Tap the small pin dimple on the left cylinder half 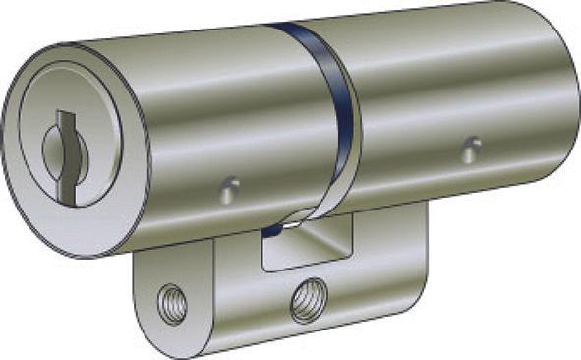coord(229,188)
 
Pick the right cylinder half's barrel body coord(442,98)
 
